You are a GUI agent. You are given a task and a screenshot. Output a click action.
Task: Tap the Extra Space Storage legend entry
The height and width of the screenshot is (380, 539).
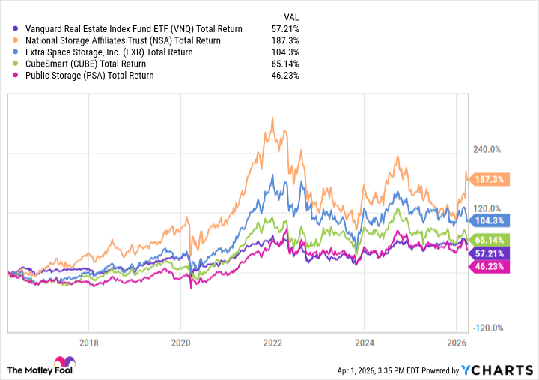click(x=109, y=52)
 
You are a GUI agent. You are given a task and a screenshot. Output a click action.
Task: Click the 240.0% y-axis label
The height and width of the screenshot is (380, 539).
click(x=487, y=150)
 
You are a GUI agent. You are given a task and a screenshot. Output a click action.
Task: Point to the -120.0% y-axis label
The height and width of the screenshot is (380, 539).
click(x=487, y=328)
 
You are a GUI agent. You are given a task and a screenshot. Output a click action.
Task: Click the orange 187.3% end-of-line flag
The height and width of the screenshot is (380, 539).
click(x=489, y=180)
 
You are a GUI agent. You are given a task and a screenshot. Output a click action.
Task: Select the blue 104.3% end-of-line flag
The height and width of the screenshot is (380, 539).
click(x=489, y=220)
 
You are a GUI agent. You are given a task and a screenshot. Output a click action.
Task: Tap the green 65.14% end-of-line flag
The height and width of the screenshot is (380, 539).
click(x=489, y=239)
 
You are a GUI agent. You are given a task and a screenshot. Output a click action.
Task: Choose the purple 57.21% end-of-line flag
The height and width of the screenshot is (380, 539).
click(x=489, y=254)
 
